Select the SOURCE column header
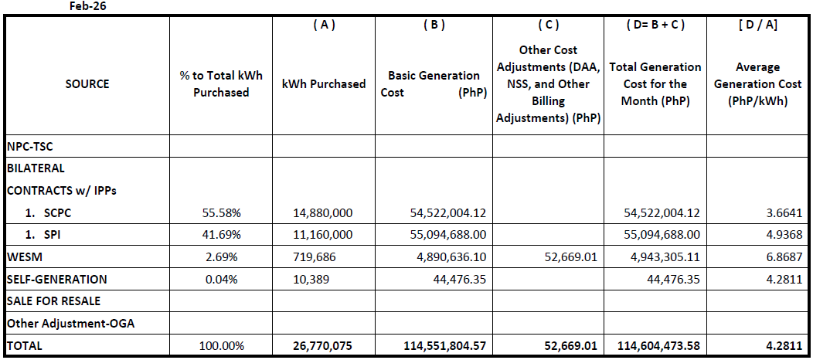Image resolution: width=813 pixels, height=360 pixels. coord(87,83)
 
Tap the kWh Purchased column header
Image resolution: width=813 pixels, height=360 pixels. coord(324,83)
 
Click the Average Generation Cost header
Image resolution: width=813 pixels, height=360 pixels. coord(757,83)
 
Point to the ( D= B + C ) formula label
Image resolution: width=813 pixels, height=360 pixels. coord(655,25)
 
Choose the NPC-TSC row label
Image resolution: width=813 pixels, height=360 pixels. coord(31,146)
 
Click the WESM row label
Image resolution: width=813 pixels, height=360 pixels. coord(24,256)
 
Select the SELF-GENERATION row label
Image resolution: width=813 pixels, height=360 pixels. coord(56,279)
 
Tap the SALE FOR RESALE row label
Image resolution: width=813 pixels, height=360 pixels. coord(53,301)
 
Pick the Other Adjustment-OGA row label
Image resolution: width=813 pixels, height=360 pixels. coord(70,323)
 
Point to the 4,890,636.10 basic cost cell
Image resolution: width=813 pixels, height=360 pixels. coord(447,256)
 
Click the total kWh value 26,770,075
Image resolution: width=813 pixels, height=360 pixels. coord(319,345)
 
